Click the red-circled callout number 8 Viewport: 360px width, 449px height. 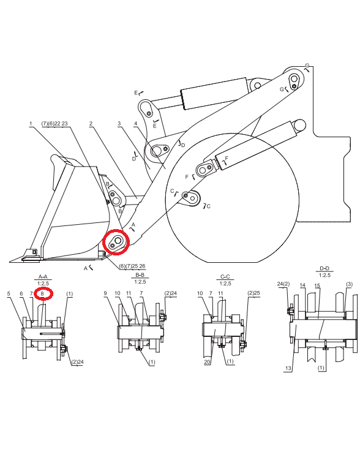(x=42, y=293)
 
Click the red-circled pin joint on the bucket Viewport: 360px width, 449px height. (x=116, y=242)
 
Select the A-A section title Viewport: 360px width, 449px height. (x=43, y=277)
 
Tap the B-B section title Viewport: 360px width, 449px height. (x=140, y=275)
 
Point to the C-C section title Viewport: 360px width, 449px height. (x=225, y=277)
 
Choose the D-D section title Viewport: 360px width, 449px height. (x=324, y=268)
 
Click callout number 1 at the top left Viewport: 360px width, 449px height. (x=31, y=124)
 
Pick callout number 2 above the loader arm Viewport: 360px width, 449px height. (x=91, y=124)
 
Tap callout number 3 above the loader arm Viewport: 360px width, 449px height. (x=119, y=123)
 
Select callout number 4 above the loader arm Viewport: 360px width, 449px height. (x=136, y=123)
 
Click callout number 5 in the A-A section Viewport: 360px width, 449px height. (x=9, y=293)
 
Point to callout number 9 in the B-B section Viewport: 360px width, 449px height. (x=105, y=293)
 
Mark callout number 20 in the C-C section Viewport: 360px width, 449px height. (x=207, y=362)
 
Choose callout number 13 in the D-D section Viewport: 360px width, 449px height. (x=288, y=368)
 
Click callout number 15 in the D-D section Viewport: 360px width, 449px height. (x=317, y=285)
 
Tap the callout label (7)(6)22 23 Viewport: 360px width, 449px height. (x=54, y=124)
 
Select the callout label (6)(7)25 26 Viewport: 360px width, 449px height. (x=132, y=266)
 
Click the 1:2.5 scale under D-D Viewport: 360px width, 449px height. (x=324, y=275)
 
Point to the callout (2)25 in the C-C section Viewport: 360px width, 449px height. (x=253, y=293)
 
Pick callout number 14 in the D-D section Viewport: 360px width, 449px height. (x=302, y=285)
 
